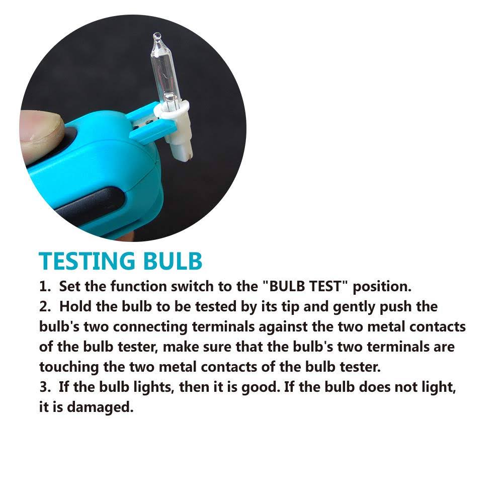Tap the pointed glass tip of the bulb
point(157,35)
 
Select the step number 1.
point(45,286)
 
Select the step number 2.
point(45,306)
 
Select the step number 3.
point(45,387)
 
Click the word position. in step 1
point(382,287)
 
